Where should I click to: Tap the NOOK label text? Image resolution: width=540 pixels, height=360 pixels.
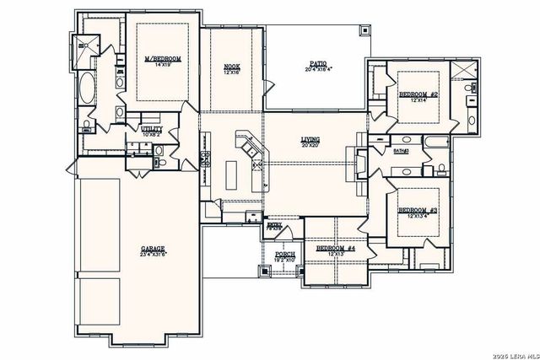pos(232,67)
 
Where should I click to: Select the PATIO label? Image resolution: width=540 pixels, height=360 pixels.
pos(317,64)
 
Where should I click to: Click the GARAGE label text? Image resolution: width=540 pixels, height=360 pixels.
pos(153,249)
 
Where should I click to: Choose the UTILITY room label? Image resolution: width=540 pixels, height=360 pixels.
pos(152,127)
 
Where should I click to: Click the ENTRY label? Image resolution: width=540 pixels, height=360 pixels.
pos(274,223)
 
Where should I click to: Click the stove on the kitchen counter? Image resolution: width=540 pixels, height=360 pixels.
pos(206,159)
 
